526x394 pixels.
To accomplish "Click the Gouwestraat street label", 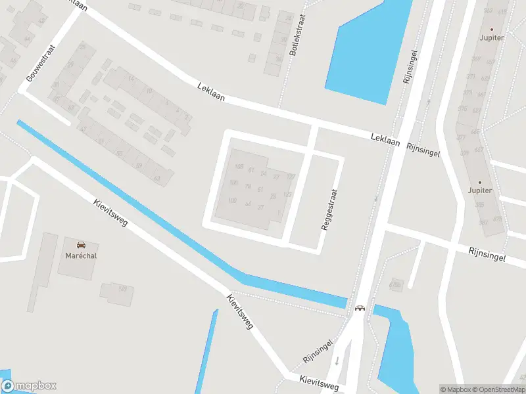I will pos(40,64).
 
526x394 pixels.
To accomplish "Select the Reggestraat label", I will pos(329,210).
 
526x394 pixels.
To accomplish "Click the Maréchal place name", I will pos(81,255).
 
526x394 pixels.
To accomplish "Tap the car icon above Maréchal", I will pos(81,244).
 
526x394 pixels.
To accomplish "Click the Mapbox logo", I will pos(29,385).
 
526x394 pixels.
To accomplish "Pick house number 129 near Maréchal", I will pos(122,289).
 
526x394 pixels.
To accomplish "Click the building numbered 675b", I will pos(394,284).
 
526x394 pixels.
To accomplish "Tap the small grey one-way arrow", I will pos(337,361).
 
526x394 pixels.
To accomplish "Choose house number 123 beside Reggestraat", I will pos(287,194).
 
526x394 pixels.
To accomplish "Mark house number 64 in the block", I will pos(248,204).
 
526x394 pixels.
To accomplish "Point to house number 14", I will pos(131,79).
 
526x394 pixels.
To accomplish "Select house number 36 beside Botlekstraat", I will pos(278,58).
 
